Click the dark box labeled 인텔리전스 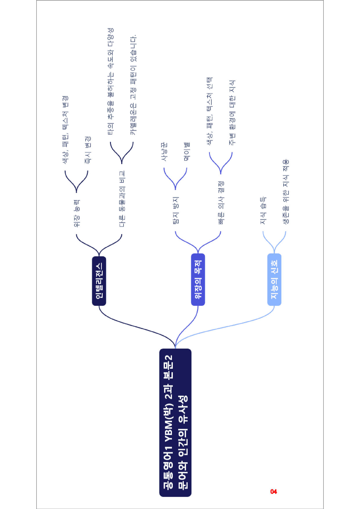click(x=99, y=281)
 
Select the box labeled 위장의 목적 click(x=198, y=279)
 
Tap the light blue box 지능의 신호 click(x=274, y=279)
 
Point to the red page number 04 click(x=273, y=492)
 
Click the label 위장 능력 click(x=77, y=213)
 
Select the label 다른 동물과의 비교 click(x=122, y=199)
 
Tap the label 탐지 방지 click(x=176, y=210)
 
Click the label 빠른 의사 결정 click(x=221, y=203)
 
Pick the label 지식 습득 click(x=263, y=211)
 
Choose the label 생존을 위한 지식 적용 click(x=286, y=192)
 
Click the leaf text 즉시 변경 click(x=88, y=150)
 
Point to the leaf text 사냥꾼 click(x=164, y=151)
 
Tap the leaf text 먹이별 click(x=187, y=151)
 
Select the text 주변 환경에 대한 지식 click(x=232, y=113)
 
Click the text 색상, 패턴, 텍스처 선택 click(x=210, y=111)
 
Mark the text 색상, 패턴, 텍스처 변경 click(x=65, y=130)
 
